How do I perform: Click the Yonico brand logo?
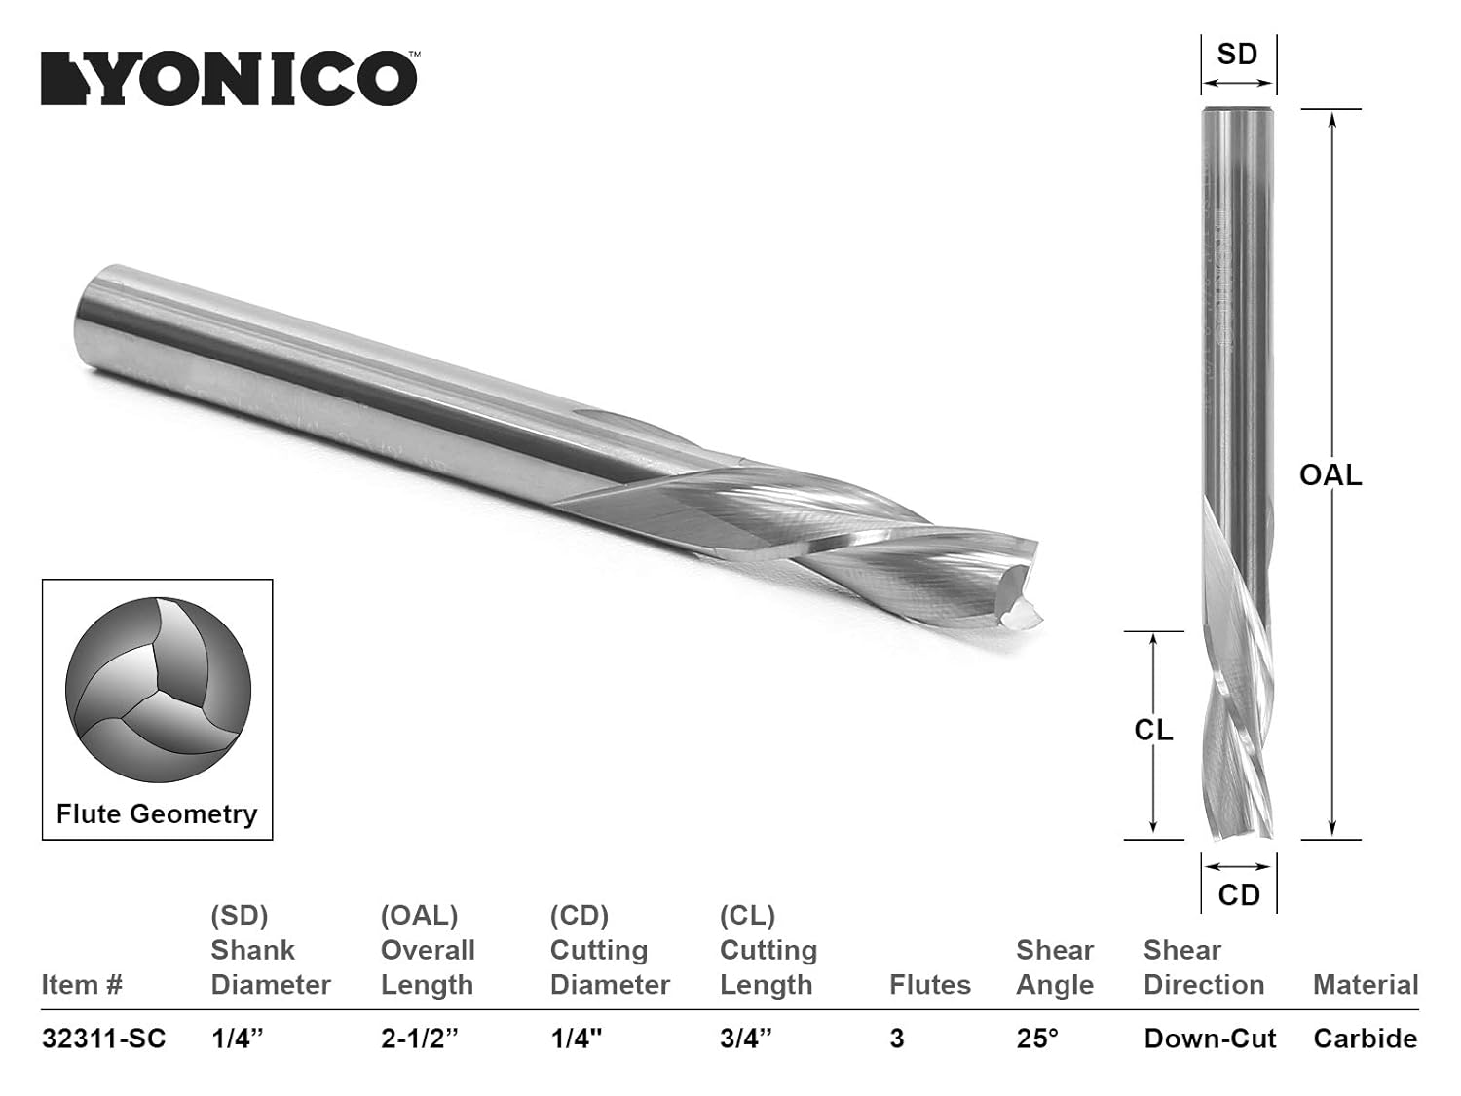click(229, 78)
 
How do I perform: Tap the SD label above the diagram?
click(1237, 55)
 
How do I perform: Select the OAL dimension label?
click(1330, 474)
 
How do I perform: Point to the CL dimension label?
click(1153, 730)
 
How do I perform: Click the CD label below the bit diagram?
click(1239, 894)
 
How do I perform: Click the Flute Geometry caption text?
click(157, 813)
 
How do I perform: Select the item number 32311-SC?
click(103, 1039)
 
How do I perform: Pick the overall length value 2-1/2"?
click(419, 1039)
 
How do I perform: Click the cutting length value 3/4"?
click(745, 1039)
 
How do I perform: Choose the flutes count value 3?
click(896, 1039)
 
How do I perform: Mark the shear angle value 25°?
click(1036, 1039)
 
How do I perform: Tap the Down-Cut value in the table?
click(1210, 1039)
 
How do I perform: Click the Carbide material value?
click(1365, 1039)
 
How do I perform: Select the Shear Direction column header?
click(1204, 967)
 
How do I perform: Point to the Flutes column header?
click(929, 985)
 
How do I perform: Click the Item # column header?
click(82, 985)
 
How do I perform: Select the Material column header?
click(1366, 985)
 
